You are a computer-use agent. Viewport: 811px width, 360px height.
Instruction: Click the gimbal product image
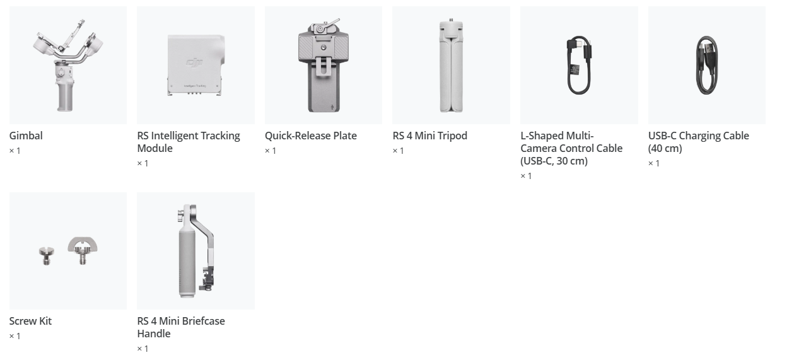tap(68, 65)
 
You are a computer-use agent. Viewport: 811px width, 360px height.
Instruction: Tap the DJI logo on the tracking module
tap(194, 62)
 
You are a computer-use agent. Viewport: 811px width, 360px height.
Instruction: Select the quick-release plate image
tap(324, 65)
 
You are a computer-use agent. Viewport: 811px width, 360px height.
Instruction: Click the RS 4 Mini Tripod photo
tap(451, 65)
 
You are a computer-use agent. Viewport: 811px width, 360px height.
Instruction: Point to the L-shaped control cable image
tap(579, 65)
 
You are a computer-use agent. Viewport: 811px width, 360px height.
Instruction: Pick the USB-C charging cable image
tap(707, 65)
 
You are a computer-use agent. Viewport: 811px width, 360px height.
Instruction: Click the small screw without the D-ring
tap(47, 255)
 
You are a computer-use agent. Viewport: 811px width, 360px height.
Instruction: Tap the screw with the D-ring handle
tap(83, 250)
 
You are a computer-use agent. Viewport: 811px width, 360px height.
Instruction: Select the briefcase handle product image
tap(196, 251)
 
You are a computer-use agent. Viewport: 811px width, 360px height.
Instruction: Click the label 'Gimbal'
tap(26, 136)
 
